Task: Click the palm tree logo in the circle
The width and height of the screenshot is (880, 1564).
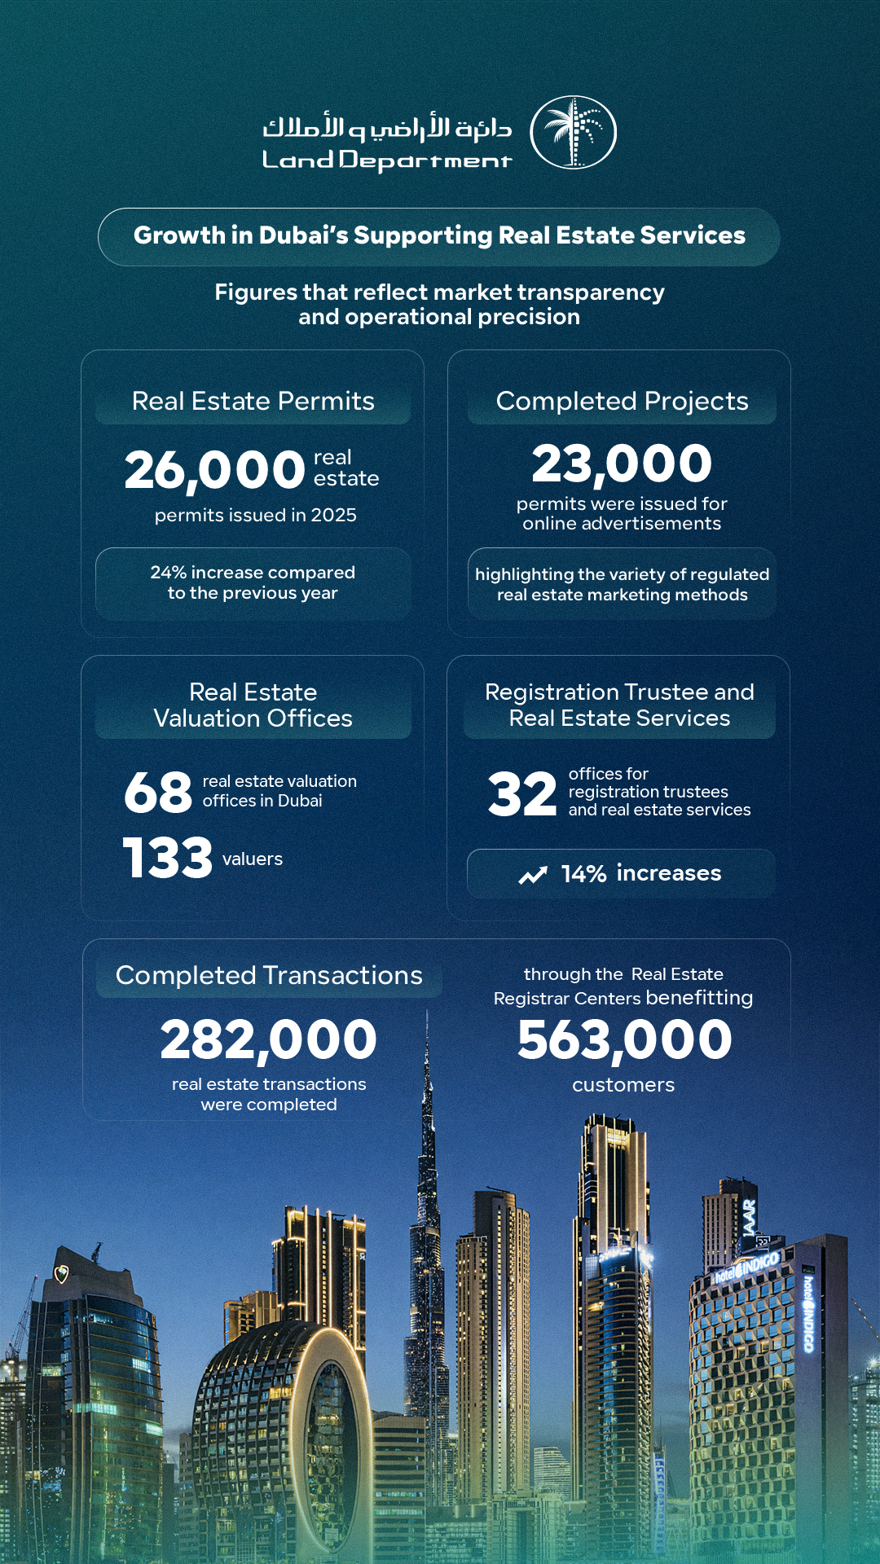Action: coord(573,132)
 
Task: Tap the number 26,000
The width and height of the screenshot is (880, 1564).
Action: coord(214,470)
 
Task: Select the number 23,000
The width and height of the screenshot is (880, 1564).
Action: coord(622,463)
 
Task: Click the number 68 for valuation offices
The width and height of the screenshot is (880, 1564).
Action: coord(158,792)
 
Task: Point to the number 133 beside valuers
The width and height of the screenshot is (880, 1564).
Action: coord(167,858)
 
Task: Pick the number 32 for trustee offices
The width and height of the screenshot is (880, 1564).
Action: coord(522,794)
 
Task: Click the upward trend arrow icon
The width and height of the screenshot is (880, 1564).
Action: coord(533,875)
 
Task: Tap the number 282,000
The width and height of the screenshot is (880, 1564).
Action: coord(268,1040)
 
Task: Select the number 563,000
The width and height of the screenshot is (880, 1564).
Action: coord(624,1040)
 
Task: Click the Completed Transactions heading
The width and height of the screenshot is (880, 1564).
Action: coord(269,975)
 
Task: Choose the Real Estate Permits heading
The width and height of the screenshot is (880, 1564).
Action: coord(253,401)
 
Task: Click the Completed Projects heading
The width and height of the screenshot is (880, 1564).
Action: coord(622,401)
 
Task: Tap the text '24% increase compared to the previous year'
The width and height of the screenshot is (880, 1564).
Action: coord(253,582)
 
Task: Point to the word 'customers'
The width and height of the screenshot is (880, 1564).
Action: coord(623,1085)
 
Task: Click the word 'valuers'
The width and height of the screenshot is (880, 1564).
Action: coord(253,859)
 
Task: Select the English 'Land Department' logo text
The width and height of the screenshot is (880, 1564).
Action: coord(386,160)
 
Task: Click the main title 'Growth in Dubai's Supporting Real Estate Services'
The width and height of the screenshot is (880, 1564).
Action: coord(439,235)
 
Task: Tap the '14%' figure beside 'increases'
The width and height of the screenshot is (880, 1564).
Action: coord(583,874)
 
